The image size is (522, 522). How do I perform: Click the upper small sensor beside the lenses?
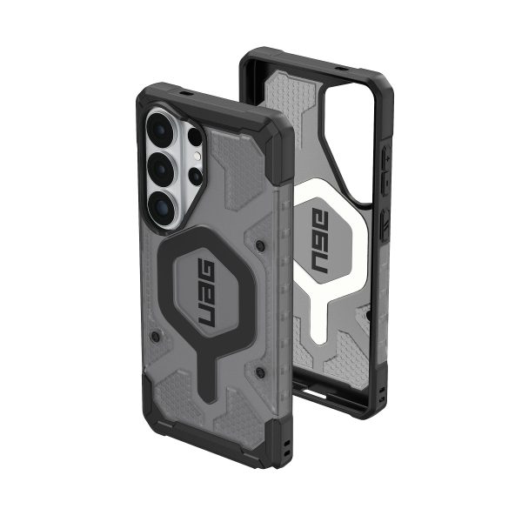click(195, 136)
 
